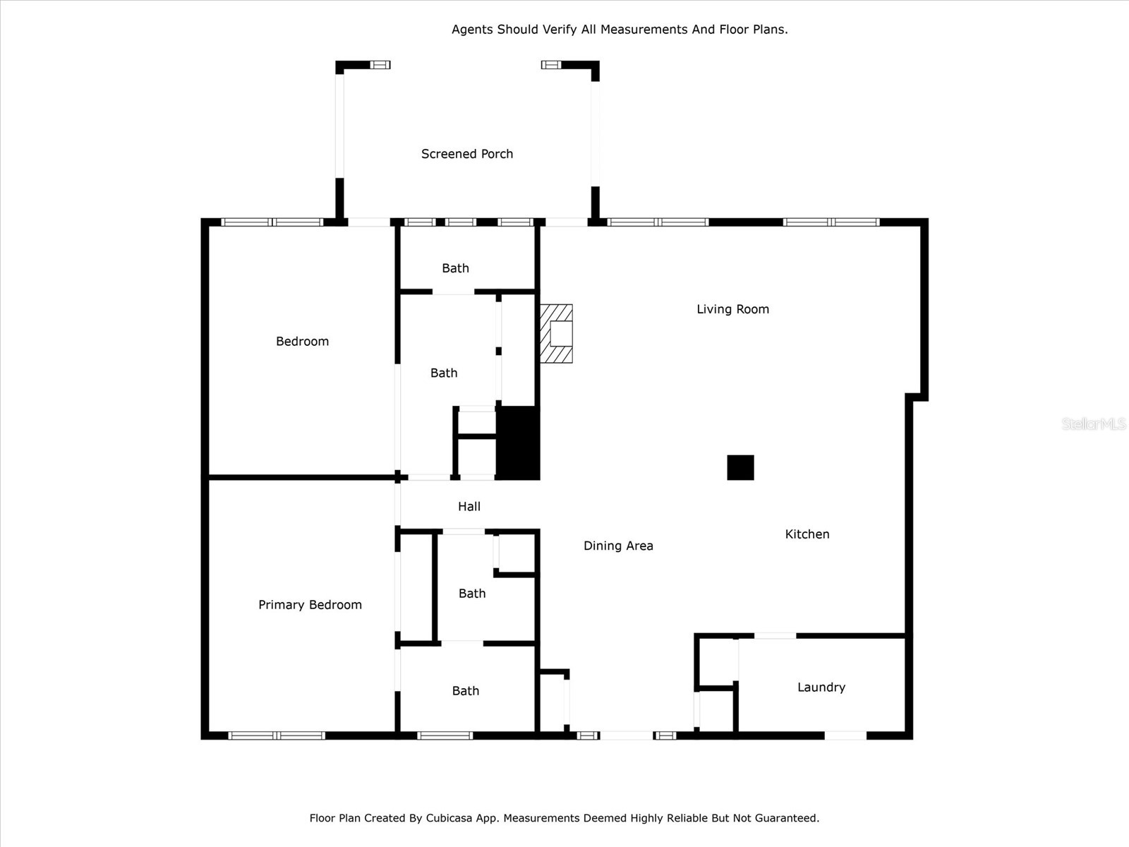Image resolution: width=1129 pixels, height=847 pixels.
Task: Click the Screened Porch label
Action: (466, 154)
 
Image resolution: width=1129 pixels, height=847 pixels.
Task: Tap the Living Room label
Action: (732, 309)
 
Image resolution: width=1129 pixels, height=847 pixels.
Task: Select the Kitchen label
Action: (807, 534)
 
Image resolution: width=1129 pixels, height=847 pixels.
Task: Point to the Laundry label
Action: (821, 687)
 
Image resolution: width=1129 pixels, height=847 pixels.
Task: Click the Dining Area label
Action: (618, 546)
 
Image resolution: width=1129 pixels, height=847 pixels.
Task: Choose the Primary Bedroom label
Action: (310, 605)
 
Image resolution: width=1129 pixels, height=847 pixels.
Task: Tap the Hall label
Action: (469, 507)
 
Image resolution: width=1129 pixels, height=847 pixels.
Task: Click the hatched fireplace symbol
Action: (556, 334)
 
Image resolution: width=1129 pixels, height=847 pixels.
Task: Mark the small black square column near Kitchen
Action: (740, 467)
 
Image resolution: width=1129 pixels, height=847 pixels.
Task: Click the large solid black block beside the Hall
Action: (518, 443)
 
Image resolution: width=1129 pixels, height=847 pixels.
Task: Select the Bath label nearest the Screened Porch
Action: (455, 268)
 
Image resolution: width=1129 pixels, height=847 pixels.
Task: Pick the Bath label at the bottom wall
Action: (465, 691)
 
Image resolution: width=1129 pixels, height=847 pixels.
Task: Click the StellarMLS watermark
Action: (1093, 423)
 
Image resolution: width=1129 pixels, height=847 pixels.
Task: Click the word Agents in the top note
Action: (473, 30)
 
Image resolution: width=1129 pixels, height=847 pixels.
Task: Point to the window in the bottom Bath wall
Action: (445, 735)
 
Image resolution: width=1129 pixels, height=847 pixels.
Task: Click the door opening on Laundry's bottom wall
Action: (845, 735)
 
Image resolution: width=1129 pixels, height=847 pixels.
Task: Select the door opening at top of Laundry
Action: (775, 636)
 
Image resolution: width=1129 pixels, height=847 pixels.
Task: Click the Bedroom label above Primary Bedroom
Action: (302, 342)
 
